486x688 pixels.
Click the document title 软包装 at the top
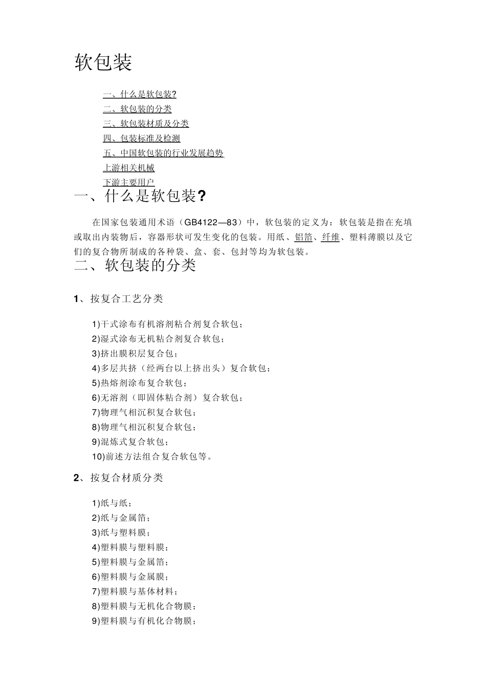click(x=103, y=62)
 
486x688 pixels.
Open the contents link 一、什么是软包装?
click(x=140, y=94)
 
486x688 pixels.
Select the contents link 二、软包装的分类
click(x=137, y=109)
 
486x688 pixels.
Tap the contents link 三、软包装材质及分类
click(x=146, y=123)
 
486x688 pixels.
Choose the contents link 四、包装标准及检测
click(x=141, y=138)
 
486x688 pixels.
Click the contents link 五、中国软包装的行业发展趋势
click(x=163, y=153)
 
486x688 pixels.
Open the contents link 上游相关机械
click(x=128, y=168)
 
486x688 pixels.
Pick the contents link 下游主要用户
click(x=128, y=182)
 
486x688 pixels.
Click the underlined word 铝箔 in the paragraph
click(x=303, y=237)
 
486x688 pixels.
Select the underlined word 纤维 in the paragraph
click(x=330, y=237)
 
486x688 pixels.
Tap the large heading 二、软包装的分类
click(x=135, y=265)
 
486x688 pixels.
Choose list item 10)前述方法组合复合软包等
click(x=152, y=457)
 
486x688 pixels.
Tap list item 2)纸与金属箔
click(x=121, y=518)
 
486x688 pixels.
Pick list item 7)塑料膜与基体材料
click(x=135, y=592)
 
